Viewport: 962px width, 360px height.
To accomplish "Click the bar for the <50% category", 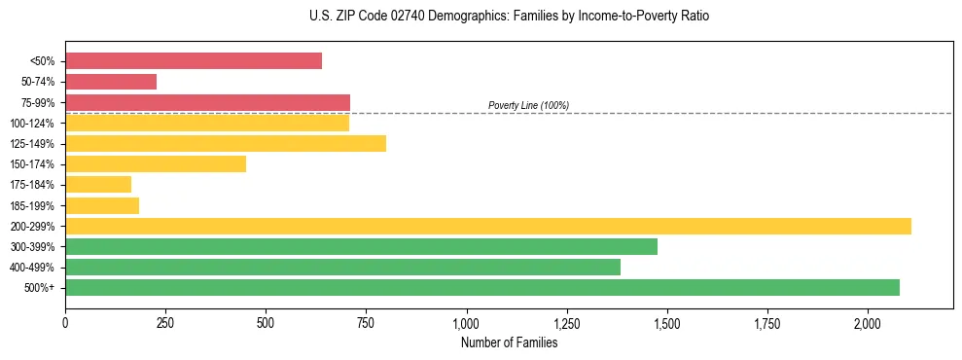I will (x=194, y=61).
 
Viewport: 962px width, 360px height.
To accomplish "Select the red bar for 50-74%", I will (x=111, y=82).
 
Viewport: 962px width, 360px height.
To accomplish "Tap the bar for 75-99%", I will (x=207, y=102).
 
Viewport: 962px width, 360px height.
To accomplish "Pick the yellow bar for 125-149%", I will (x=226, y=143).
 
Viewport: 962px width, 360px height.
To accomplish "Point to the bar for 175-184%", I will (x=98, y=185).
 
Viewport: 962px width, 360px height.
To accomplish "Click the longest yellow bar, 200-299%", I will (x=488, y=226).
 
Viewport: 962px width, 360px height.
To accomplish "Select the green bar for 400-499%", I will (x=342, y=267).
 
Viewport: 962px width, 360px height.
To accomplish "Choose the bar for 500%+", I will (x=482, y=287).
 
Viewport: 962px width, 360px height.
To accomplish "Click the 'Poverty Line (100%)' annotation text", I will (x=528, y=105).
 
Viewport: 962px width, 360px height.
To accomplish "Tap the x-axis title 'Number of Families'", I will (x=509, y=342).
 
